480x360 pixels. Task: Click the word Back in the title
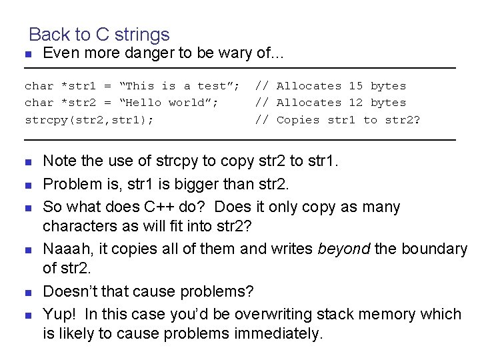pos(48,34)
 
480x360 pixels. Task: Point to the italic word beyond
pos(343,249)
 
